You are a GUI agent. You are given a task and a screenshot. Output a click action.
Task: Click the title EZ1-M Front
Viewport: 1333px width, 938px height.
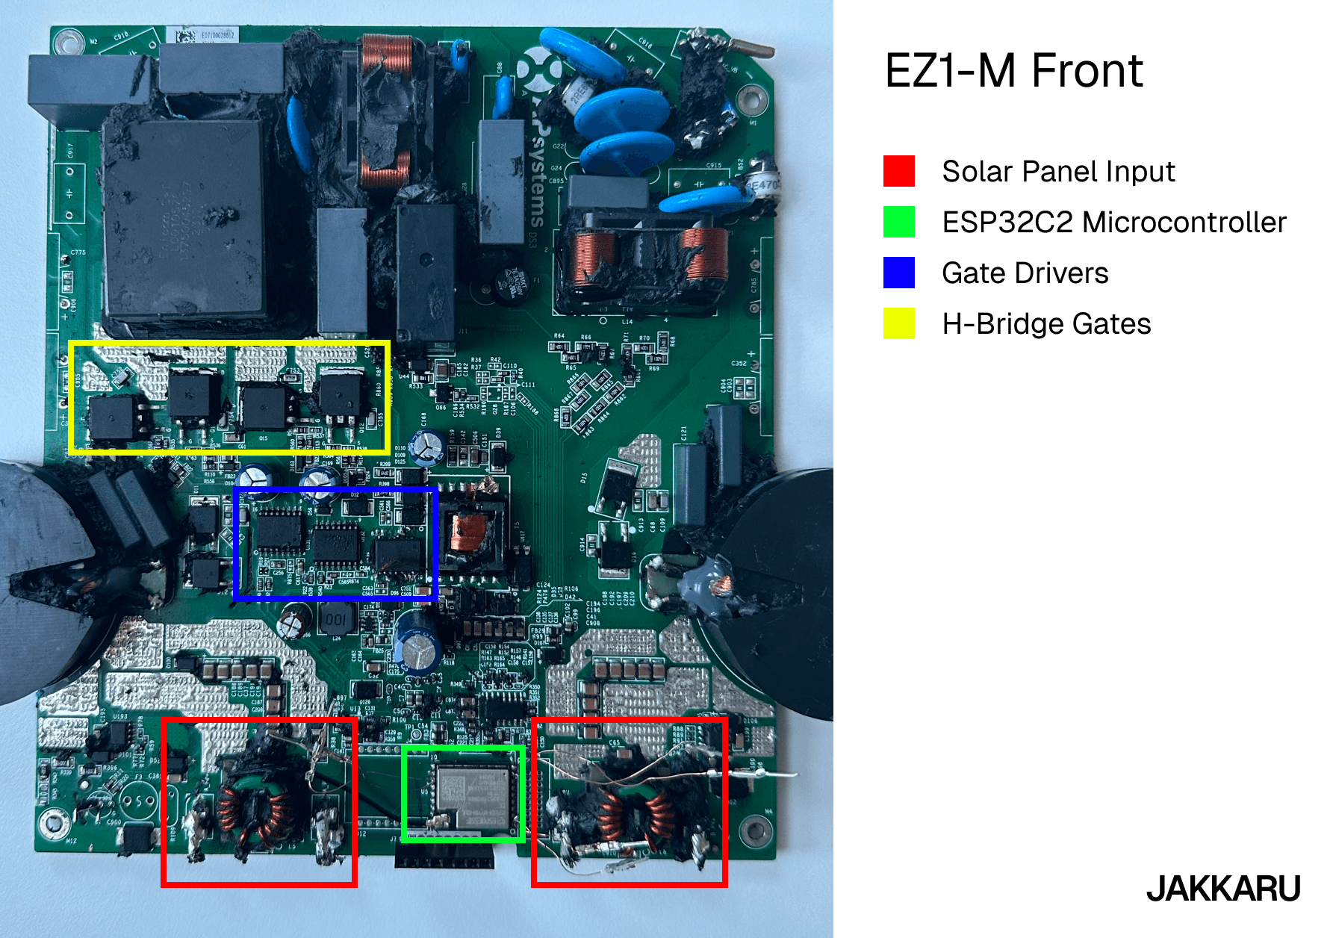point(1013,71)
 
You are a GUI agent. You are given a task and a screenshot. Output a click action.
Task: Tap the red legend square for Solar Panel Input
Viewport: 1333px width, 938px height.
point(898,171)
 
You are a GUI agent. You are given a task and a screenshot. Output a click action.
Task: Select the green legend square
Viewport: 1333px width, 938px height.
point(898,222)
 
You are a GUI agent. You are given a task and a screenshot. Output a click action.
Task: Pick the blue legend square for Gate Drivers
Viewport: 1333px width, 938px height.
point(898,273)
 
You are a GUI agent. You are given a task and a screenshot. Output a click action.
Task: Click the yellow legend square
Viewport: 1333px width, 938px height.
point(898,323)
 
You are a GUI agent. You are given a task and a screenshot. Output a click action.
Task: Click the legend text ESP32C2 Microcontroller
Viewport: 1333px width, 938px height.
point(1113,222)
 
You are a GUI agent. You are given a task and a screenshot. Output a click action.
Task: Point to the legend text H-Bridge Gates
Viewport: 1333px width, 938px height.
point(1045,323)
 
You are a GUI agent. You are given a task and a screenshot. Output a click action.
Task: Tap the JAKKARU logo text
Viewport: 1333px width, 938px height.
point(1223,889)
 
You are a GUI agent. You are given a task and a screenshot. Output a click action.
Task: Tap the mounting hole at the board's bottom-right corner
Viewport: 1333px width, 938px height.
point(755,830)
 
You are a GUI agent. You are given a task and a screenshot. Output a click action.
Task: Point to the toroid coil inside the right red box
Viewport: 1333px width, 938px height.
point(632,810)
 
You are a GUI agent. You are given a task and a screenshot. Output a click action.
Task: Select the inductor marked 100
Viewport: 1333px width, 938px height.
point(335,619)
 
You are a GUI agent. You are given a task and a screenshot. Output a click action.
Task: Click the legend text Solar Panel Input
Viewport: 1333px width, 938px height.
point(1057,171)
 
